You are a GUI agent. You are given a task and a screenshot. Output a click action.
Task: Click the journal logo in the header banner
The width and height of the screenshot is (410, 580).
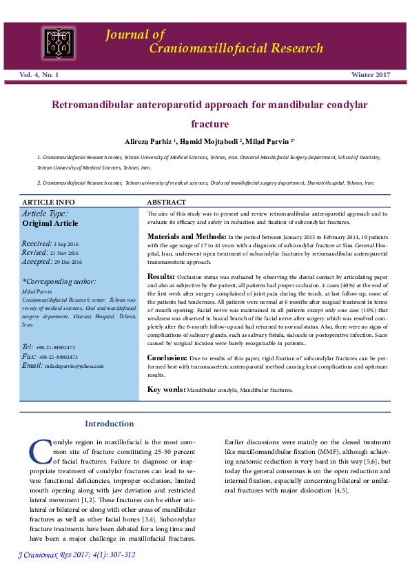click(x=60, y=42)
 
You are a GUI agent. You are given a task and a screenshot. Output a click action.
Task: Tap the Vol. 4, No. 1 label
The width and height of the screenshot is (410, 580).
click(x=39, y=74)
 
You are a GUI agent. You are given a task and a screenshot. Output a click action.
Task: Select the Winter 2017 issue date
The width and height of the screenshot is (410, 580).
click(x=371, y=74)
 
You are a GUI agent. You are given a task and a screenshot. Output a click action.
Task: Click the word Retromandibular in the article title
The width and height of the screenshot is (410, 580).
click(x=98, y=106)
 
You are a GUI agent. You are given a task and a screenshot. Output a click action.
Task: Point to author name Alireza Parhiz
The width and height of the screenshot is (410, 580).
click(x=150, y=141)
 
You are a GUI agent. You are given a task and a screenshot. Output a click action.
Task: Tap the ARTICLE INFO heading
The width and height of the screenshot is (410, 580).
click(x=49, y=203)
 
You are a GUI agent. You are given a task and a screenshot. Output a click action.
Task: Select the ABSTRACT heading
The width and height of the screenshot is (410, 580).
click(x=167, y=203)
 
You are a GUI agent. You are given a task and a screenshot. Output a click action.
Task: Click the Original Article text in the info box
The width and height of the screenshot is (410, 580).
click(x=50, y=223)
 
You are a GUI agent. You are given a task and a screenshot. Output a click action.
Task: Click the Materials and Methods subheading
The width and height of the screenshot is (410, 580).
click(x=183, y=236)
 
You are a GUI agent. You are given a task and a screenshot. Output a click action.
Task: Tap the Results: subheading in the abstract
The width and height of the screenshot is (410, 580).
click(x=161, y=276)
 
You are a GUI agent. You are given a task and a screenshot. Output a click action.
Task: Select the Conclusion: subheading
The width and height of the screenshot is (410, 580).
click(x=167, y=358)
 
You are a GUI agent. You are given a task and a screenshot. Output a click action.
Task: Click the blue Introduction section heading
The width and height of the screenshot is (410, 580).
click(x=109, y=424)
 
